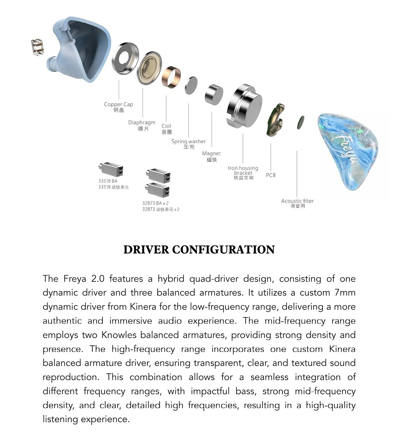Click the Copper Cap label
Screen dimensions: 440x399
coord(118,105)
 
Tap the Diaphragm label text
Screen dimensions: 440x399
coord(141,123)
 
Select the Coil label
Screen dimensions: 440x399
coord(166,126)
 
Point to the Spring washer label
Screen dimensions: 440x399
coord(188,141)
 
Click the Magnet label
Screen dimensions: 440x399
coord(211,153)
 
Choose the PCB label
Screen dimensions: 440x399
coord(271,175)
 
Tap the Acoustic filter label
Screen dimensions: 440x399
coord(297,201)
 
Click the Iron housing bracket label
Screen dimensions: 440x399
coord(243,170)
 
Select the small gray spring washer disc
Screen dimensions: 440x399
coord(191,86)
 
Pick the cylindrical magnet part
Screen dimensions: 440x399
coord(214,95)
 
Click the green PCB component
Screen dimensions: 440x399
coord(275,120)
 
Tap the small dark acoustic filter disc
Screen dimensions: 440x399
coord(300,122)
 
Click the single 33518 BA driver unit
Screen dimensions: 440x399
coord(111,169)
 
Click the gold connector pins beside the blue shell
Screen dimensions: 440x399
coord(37,47)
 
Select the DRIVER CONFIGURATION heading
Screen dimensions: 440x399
coord(199,250)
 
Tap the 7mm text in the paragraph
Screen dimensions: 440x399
coord(345,293)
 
